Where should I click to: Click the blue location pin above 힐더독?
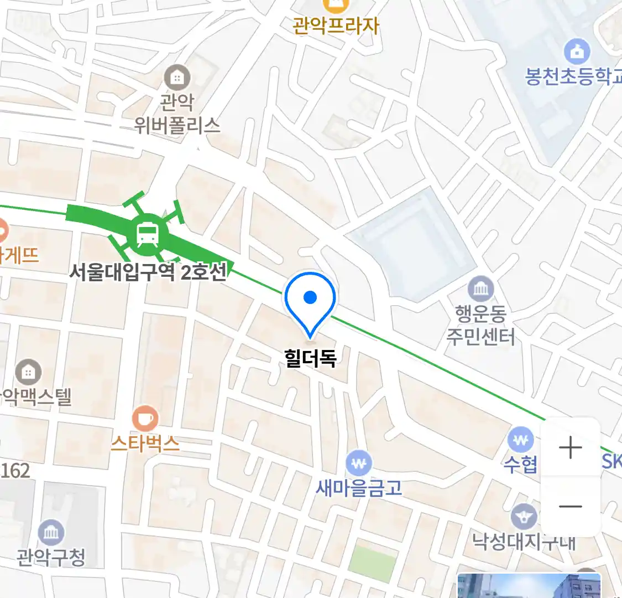point(310,300)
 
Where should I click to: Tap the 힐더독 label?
point(310,358)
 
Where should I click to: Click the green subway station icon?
point(148,235)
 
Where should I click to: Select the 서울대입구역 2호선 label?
point(148,272)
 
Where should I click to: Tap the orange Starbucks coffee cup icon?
point(145,419)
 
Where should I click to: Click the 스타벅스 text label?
point(145,444)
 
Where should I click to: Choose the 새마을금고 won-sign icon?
point(359,463)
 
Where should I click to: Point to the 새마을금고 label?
point(359,488)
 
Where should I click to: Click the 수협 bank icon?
point(520,441)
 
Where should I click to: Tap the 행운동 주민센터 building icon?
point(481,288)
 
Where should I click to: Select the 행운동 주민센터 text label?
point(480,326)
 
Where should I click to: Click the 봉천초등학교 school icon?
point(577,52)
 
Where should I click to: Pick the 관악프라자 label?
point(336,25)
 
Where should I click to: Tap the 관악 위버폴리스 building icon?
point(177,78)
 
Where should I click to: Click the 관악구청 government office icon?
point(51,533)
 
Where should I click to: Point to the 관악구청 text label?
point(51,556)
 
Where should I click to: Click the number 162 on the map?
point(15,471)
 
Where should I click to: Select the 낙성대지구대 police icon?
point(523,517)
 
